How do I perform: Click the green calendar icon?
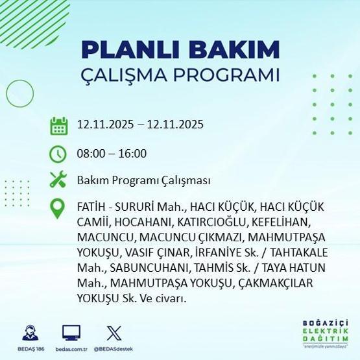(59, 125)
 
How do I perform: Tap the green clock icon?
(59, 154)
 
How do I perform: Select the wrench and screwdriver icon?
(59, 180)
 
